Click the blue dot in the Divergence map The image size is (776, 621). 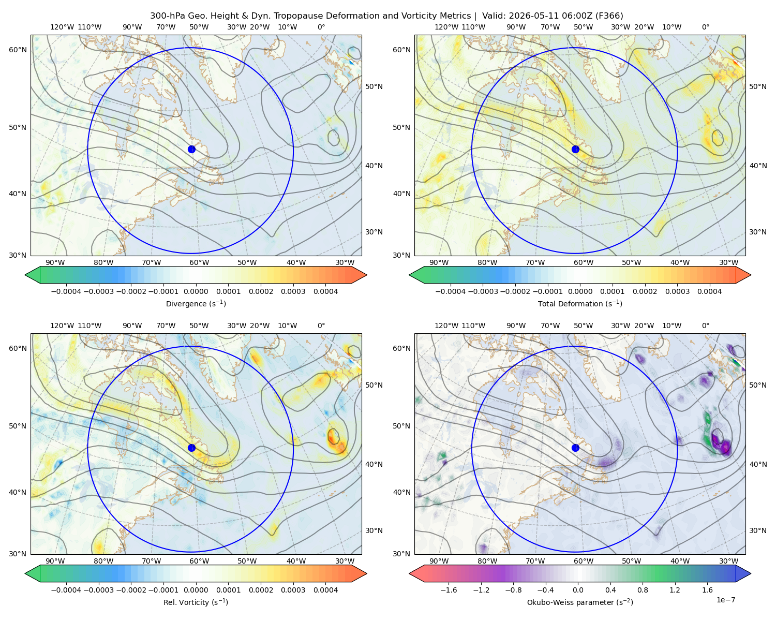tap(191, 150)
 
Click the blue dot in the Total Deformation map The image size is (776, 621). tap(575, 150)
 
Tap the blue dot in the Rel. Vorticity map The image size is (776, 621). tap(191, 448)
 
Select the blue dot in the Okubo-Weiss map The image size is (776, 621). tap(575, 448)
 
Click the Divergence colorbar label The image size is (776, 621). tap(196, 304)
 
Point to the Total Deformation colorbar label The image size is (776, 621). tap(580, 304)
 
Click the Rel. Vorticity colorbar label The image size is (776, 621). tap(196, 602)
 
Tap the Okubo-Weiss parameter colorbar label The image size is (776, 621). tap(580, 602)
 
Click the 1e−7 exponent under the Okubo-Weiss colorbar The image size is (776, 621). tap(725, 600)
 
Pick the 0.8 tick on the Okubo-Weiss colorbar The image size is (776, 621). tap(643, 590)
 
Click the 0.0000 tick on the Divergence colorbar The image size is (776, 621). tap(196, 291)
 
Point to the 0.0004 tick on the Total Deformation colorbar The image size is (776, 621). tap(709, 291)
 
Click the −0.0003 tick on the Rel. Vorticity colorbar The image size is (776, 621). tap(98, 590)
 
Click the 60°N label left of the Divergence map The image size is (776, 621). tap(18, 50)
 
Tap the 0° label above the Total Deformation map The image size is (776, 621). tap(705, 27)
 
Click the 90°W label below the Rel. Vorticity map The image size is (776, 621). tap(55, 561)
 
